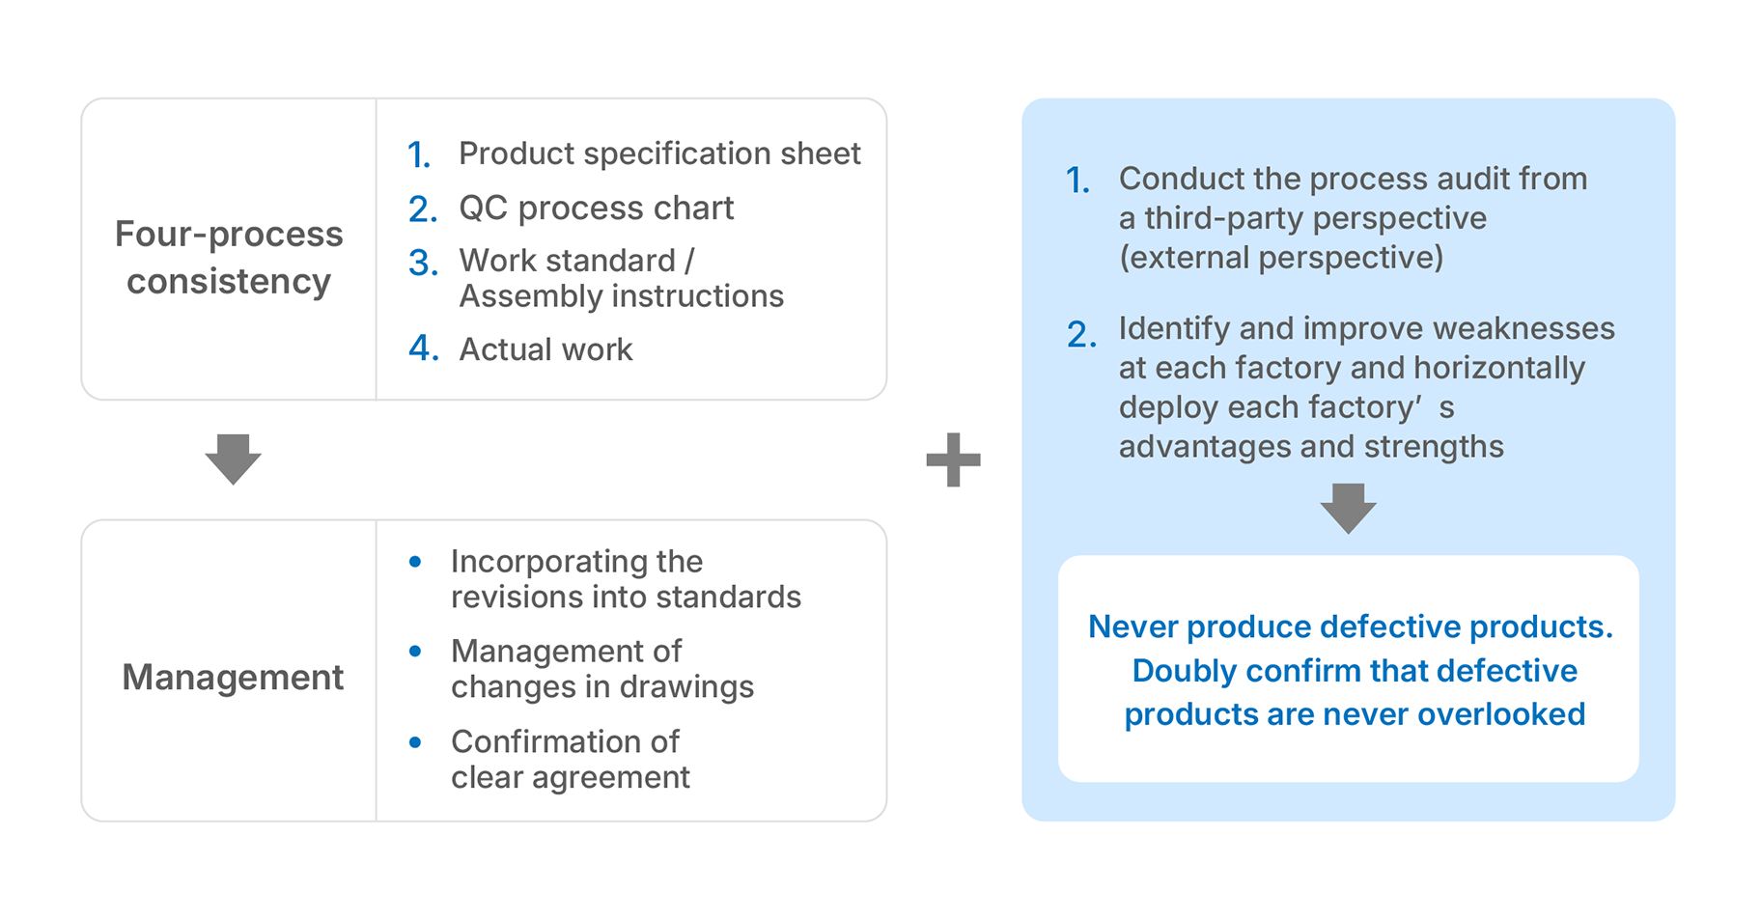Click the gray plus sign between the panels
tap(953, 459)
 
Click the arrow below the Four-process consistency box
tap(233, 459)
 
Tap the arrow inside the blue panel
tap(1348, 508)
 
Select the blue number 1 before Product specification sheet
tap(419, 154)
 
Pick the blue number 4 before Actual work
tap(423, 348)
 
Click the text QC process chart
tap(596, 208)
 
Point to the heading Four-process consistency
tap(229, 257)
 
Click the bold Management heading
tap(233, 677)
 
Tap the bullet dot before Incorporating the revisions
tap(415, 561)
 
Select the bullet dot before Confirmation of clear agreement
tap(415, 741)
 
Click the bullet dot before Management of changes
tap(415, 652)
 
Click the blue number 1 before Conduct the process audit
tap(1077, 180)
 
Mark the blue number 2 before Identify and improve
tap(1081, 334)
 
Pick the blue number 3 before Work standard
tap(423, 262)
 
